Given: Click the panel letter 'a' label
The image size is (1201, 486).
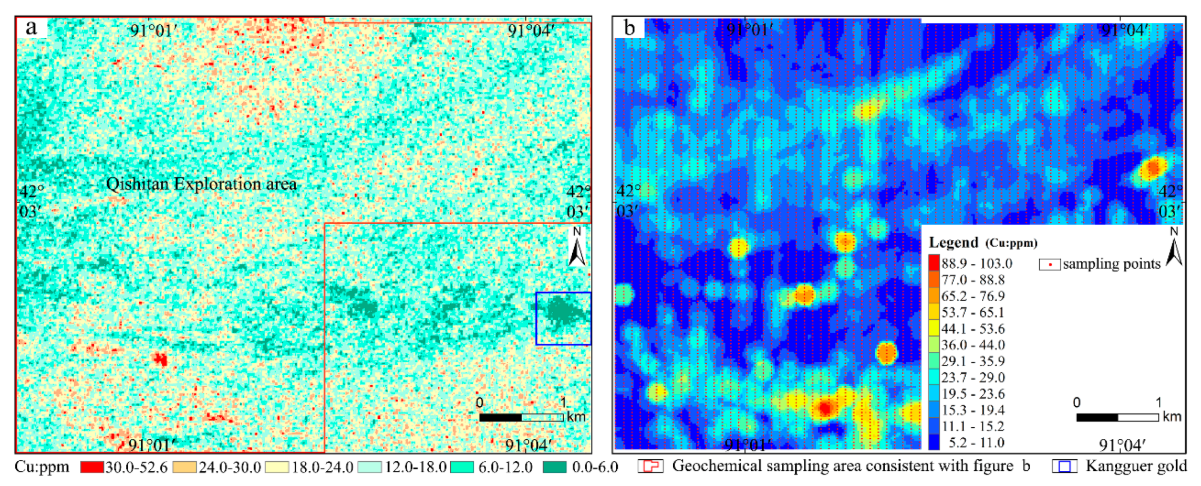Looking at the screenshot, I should click(32, 27).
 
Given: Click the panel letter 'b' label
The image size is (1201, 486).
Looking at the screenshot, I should click(629, 28).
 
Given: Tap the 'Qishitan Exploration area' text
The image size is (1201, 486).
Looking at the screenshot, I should click(201, 184).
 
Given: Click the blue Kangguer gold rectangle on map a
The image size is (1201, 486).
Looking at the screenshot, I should click(563, 318).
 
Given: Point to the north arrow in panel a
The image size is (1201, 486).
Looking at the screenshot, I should click(577, 247).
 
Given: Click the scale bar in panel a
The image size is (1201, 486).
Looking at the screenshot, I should click(521, 417).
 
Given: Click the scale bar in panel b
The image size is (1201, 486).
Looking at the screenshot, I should click(1117, 417).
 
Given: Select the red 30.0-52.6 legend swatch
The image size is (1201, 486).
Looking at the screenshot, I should click(92, 467).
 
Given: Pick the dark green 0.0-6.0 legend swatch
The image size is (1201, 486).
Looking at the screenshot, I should click(555, 467).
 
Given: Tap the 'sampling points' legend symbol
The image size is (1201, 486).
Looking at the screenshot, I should click(1049, 264).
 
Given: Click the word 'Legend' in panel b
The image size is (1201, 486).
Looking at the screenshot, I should click(954, 242).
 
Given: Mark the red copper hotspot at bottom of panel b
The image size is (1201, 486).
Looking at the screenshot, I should click(825, 408).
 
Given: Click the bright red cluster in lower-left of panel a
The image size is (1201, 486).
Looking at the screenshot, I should click(160, 359).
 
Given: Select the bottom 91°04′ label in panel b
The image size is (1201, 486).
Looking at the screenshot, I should click(1122, 445).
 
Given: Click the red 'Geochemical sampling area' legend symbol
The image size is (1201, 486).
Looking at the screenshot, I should click(650, 466).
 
